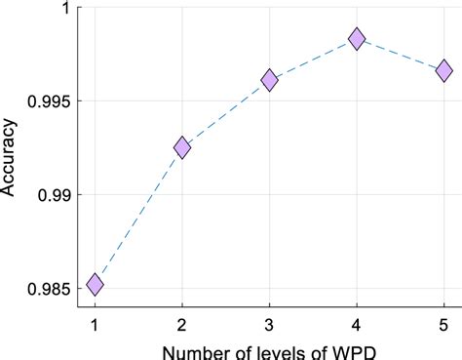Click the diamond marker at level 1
(x=95, y=284)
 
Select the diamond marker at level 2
(x=182, y=147)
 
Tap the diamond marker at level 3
(x=269, y=80)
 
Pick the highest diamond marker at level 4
(x=357, y=39)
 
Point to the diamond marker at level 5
(x=443, y=70)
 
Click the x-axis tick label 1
(x=95, y=323)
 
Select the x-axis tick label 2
(x=182, y=323)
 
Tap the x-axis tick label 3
(x=269, y=323)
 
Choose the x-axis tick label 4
(x=357, y=323)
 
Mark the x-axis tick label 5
(x=443, y=323)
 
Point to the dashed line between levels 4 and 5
(x=401, y=55)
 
